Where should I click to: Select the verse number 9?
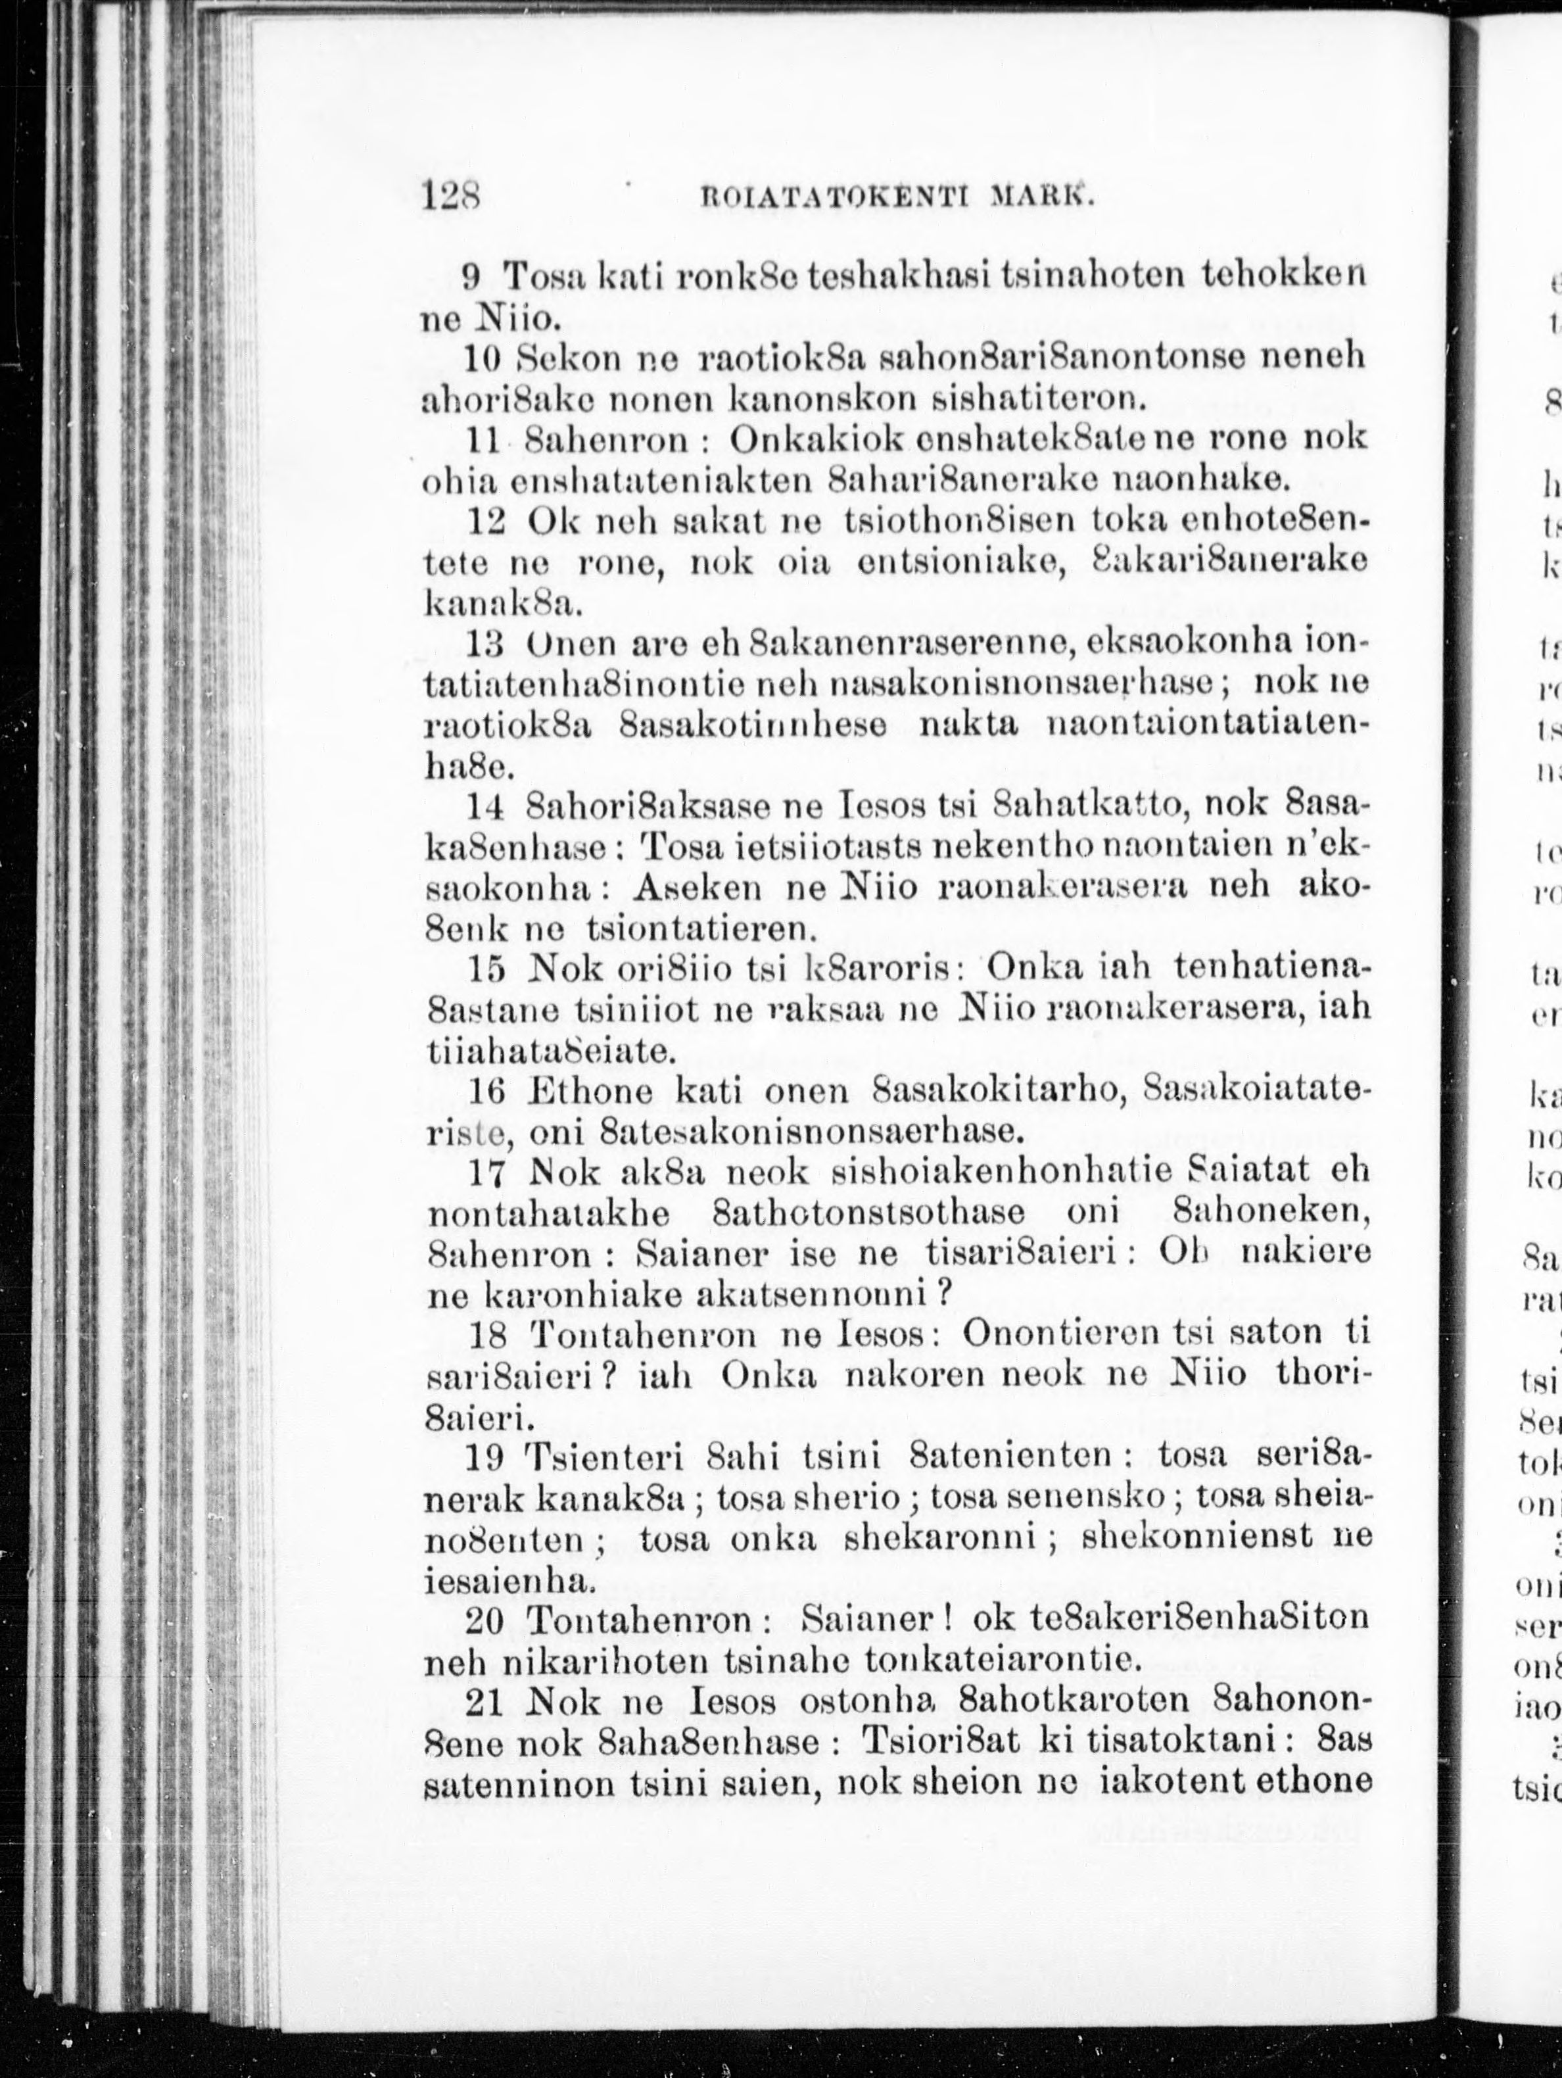coord(473,278)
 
